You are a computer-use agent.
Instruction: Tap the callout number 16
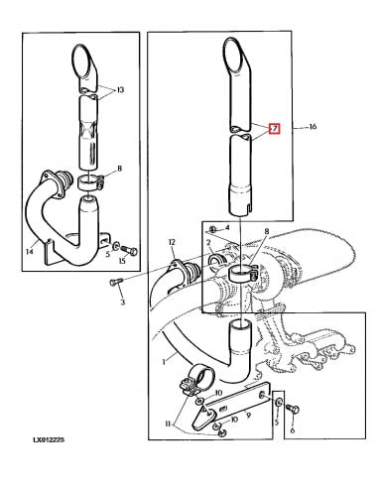pos(314,128)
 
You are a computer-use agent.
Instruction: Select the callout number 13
pos(121,90)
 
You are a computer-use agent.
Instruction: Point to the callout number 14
pos(29,251)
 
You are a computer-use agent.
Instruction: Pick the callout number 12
pos(171,242)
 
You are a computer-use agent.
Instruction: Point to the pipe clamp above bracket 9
pos(193,380)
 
